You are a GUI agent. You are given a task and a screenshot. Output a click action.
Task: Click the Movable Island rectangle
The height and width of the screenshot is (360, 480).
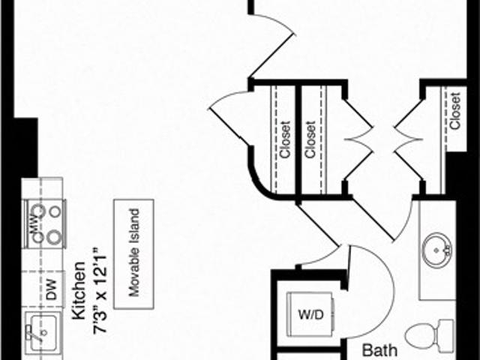pyautogui.click(x=134, y=249)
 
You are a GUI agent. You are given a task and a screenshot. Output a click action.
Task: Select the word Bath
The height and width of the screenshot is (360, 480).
pyautogui.click(x=379, y=349)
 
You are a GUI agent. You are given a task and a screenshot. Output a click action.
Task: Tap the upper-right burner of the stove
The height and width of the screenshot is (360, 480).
pyautogui.click(x=54, y=211)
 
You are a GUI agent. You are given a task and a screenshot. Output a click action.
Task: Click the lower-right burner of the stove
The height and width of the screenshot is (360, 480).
pyautogui.click(x=54, y=238)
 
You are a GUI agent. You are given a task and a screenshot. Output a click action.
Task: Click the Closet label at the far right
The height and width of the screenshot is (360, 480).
pyautogui.click(x=455, y=112)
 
